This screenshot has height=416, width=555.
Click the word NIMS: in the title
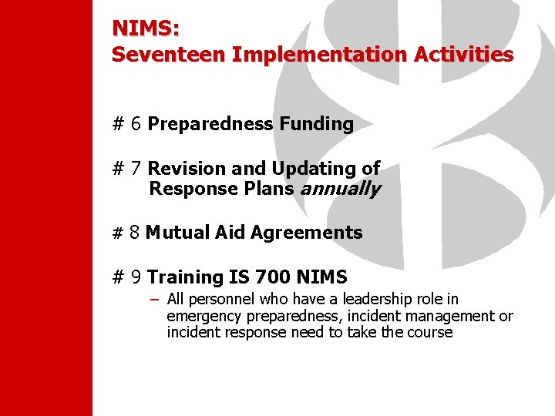pyautogui.click(x=146, y=29)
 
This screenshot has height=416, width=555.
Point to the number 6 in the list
pyautogui.click(x=136, y=124)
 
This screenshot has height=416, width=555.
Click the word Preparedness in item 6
pyautogui.click(x=210, y=124)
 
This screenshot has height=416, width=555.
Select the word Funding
pyautogui.click(x=316, y=124)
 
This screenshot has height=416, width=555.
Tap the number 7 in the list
pyautogui.click(x=136, y=169)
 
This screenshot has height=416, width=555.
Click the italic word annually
pyautogui.click(x=341, y=190)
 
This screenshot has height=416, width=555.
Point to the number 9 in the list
pyautogui.click(x=136, y=277)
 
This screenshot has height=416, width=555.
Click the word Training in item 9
pyautogui.click(x=185, y=277)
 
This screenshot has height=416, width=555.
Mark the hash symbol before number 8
pyautogui.click(x=118, y=233)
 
